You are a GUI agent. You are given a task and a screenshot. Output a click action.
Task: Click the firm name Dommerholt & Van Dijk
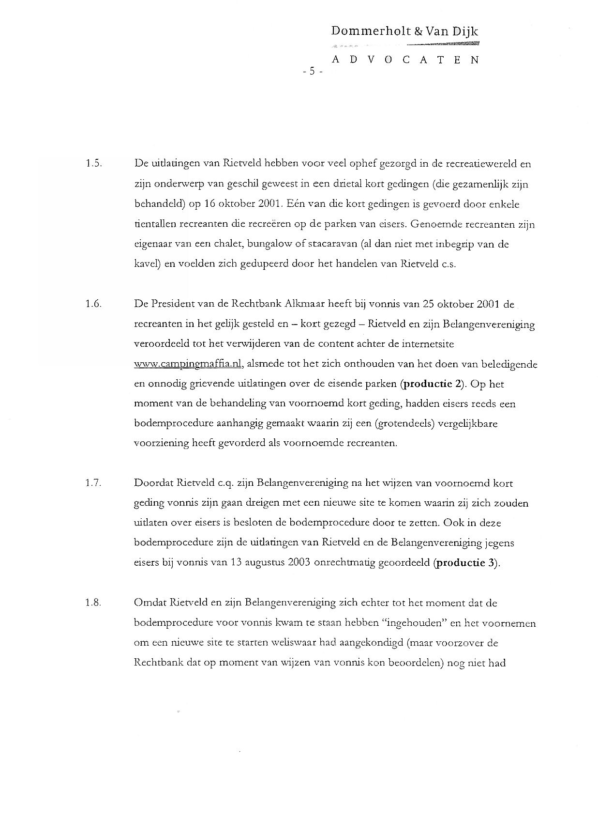404,32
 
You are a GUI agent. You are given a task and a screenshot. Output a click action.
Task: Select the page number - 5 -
312,72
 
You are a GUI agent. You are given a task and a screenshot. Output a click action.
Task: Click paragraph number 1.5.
93,164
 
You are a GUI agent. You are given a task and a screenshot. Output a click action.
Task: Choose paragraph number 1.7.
93,483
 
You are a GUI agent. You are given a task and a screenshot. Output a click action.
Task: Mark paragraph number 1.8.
93,603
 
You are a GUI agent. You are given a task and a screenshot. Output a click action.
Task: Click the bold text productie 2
432,384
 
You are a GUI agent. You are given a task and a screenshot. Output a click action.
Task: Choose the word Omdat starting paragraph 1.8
151,603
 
